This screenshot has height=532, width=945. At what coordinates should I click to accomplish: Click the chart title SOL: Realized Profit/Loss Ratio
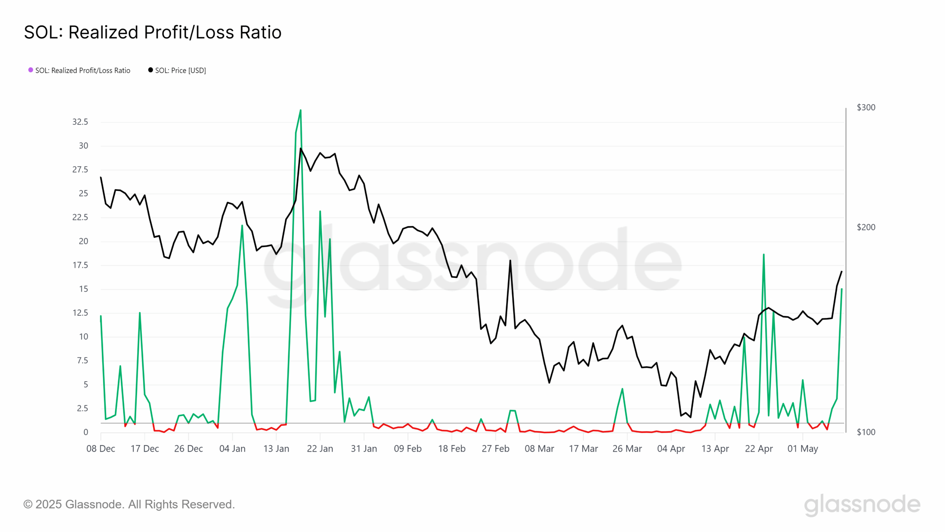coord(152,33)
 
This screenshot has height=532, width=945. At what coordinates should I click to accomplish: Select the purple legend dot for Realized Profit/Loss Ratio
coord(31,70)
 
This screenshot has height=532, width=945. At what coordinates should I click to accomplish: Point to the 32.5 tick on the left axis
coord(80,122)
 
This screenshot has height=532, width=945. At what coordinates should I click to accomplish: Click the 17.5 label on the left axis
coord(80,265)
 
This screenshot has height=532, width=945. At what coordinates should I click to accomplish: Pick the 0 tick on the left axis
coord(86,432)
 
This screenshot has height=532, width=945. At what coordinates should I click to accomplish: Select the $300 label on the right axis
coord(866,108)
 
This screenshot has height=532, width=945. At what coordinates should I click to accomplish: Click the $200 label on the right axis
coord(866,227)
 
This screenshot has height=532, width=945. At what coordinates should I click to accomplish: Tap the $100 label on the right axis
coord(866,432)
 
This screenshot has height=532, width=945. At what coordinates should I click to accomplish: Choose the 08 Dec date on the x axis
coord(101,449)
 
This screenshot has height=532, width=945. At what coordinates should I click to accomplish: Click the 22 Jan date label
coord(320,449)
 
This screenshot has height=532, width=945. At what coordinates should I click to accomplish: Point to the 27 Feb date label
coord(495,449)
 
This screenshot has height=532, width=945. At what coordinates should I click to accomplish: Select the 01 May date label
coord(803,449)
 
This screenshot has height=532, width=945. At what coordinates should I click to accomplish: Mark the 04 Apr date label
coord(671,449)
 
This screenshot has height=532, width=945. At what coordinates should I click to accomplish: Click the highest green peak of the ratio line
coord(300,110)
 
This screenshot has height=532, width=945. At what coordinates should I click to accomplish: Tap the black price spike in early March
coord(510,260)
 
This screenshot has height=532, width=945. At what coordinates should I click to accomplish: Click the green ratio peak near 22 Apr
coord(763,255)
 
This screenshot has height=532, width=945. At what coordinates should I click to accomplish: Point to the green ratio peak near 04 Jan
coord(242,225)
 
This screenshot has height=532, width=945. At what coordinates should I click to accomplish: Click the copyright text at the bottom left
coord(129,504)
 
